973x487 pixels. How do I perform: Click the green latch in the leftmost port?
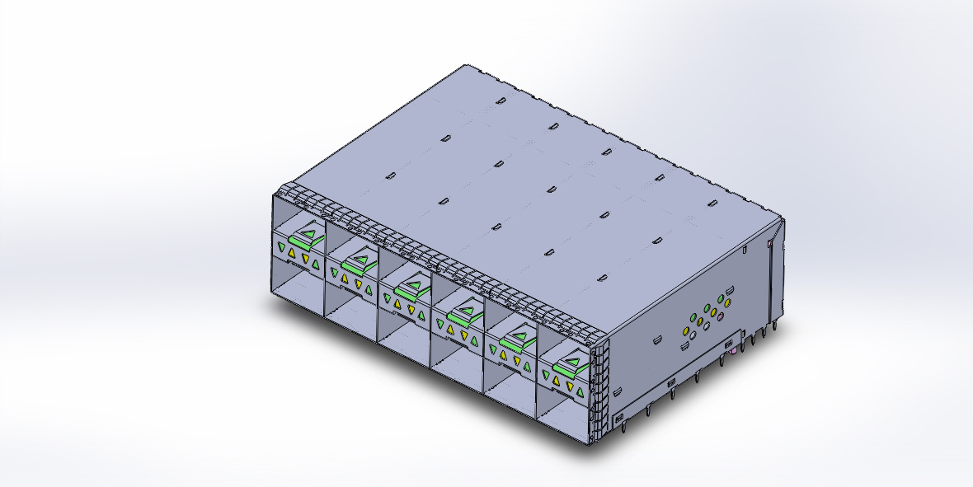pos(308,237)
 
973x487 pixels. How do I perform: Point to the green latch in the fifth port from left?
pos(517,339)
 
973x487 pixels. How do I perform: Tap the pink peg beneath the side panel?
pos(722,359)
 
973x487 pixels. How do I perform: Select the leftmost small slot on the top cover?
pos(392,175)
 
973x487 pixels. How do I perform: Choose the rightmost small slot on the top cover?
pos(712,201)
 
